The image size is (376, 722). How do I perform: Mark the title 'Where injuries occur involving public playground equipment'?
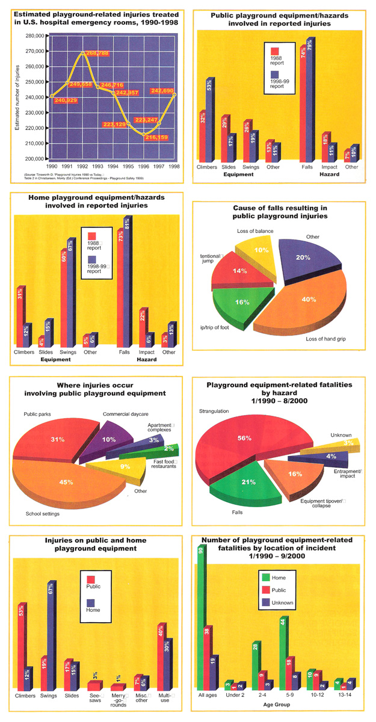coord(95,389)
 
